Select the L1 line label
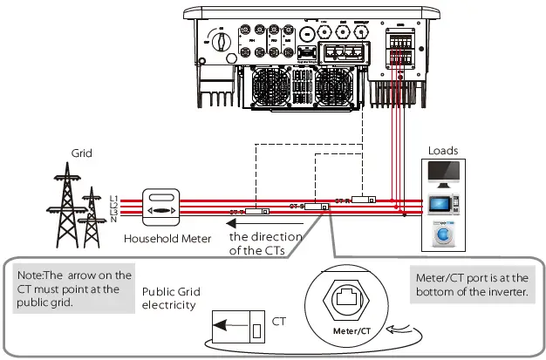tap(116, 198)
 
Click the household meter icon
tap(165, 210)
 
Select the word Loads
tap(442, 150)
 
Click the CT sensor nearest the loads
tap(364, 200)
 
